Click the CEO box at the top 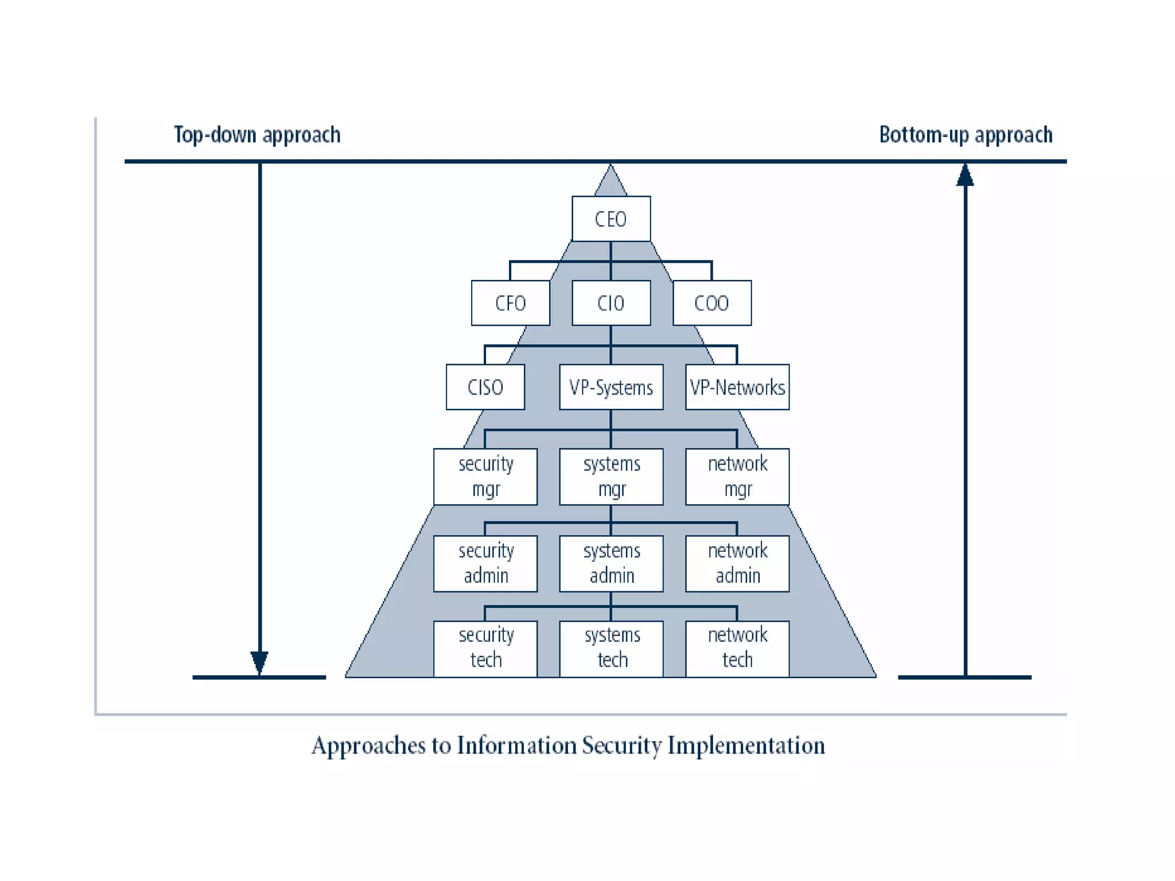tap(611, 219)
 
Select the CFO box tap(510, 303)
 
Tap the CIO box tap(611, 303)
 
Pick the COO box tap(711, 303)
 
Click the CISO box tap(485, 387)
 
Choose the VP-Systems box tap(611, 387)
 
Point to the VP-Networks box tap(737, 387)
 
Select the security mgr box tap(485, 476)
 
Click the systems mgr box tap(611, 476)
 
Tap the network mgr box tap(737, 476)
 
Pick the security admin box tap(485, 563)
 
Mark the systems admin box tap(611, 563)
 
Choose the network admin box tap(737, 563)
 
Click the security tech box tap(485, 648)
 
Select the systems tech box tap(611, 648)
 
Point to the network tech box tap(737, 648)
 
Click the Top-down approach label tap(257, 135)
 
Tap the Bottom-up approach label tap(966, 135)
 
